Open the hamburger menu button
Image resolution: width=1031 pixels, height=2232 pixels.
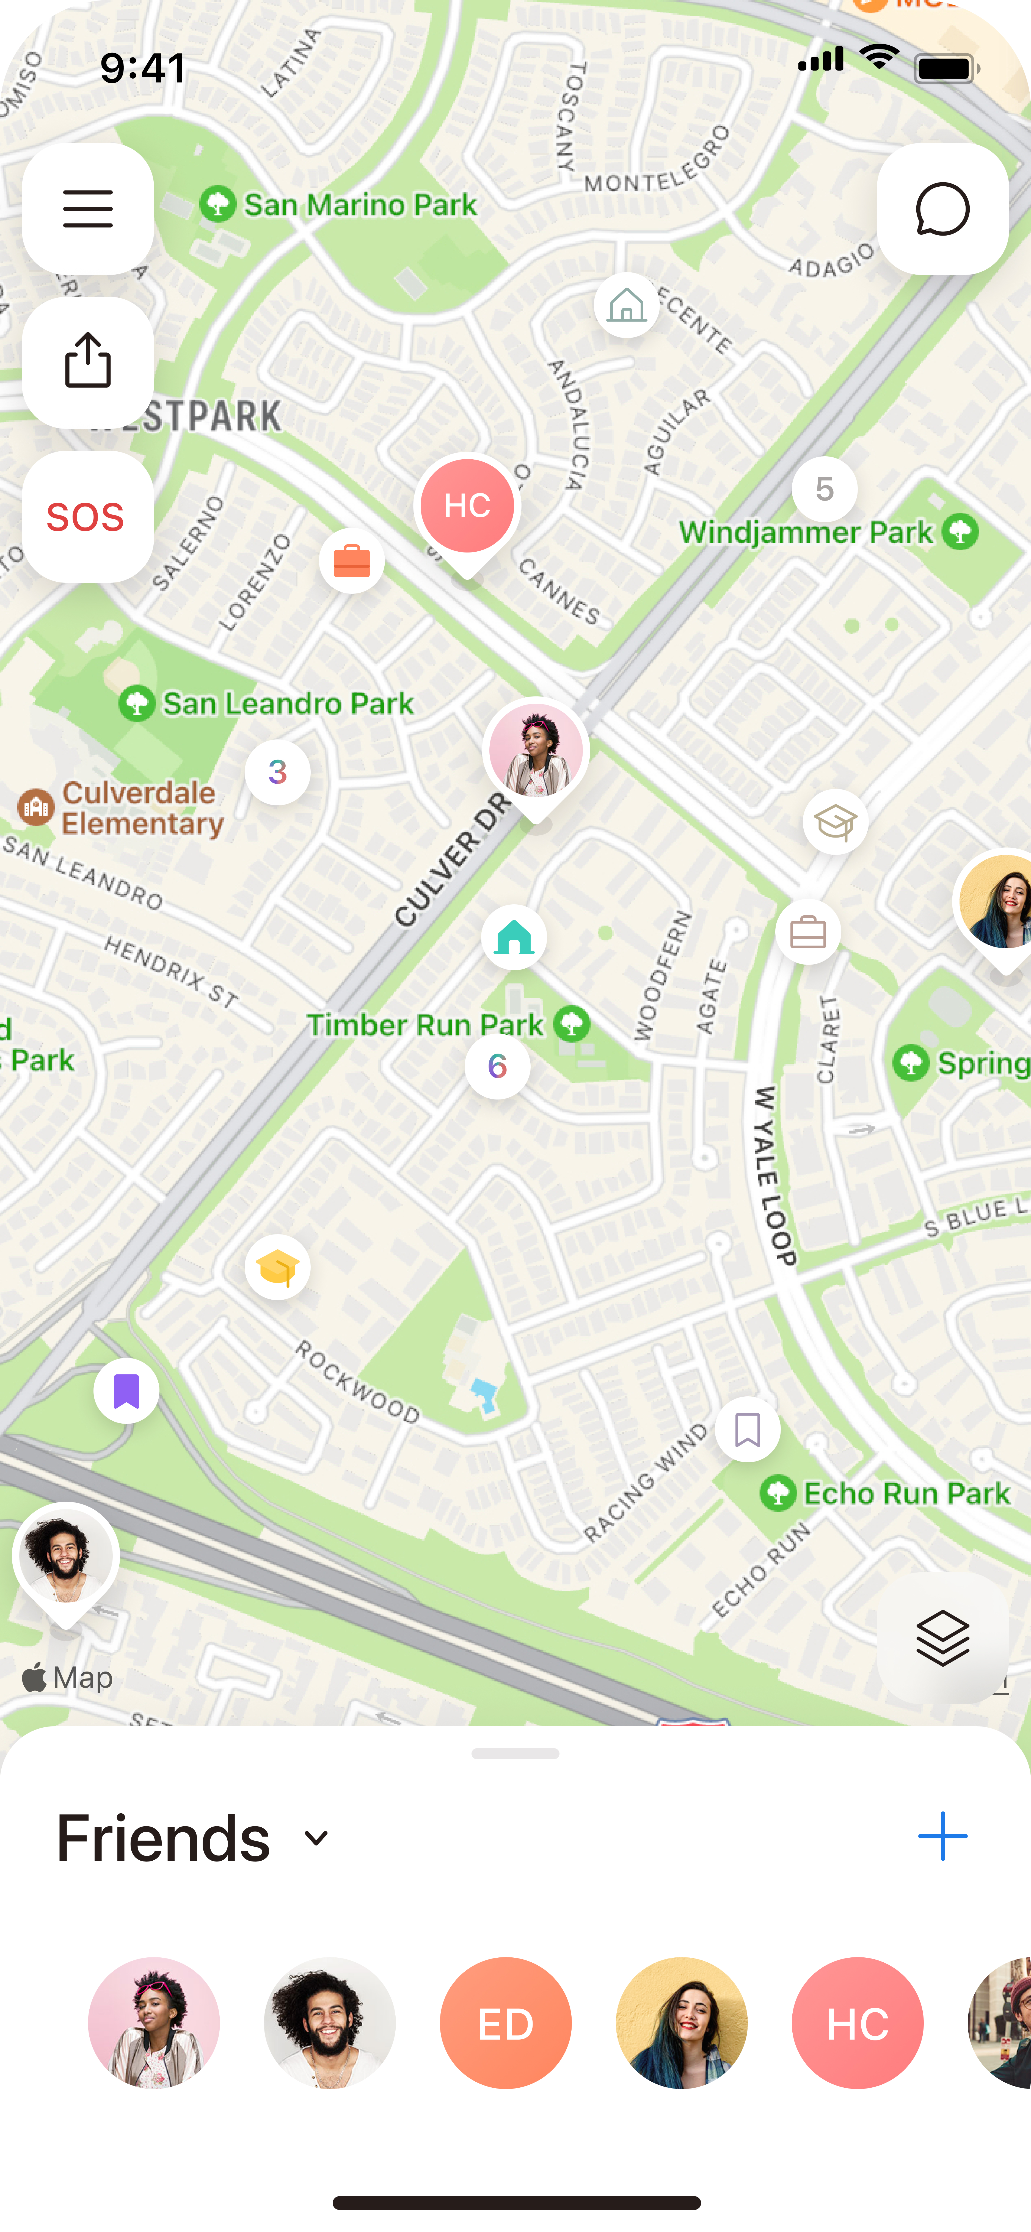tap(87, 209)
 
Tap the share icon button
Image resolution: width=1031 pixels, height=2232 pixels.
tap(87, 362)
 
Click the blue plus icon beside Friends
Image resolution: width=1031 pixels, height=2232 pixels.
tap(942, 1836)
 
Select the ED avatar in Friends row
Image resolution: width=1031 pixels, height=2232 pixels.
tap(505, 2023)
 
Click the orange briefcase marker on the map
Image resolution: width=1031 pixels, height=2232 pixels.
tap(352, 562)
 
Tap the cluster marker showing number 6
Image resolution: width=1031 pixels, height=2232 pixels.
tap(497, 1066)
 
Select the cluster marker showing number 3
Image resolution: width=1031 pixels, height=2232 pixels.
tap(277, 772)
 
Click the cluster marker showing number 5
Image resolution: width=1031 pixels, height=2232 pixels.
tap(824, 490)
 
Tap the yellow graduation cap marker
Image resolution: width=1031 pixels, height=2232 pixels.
tap(277, 1268)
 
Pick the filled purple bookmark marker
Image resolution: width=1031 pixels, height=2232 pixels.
tap(126, 1391)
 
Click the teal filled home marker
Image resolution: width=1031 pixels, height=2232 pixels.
tap(514, 938)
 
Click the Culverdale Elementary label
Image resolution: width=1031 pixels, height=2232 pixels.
tap(139, 808)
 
